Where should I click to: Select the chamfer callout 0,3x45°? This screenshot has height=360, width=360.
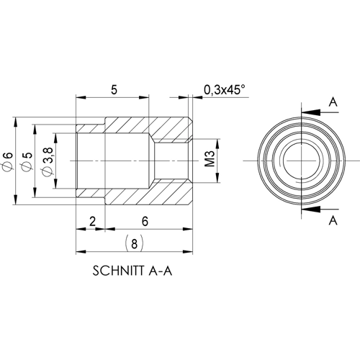click(224, 89)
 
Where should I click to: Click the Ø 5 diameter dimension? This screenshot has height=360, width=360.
click(27, 159)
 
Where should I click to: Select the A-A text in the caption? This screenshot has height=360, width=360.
click(161, 273)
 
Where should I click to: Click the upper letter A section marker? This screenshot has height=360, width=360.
click(332, 103)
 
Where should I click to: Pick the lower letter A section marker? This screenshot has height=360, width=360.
click(332, 218)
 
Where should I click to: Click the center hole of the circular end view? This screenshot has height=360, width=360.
click(298, 159)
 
